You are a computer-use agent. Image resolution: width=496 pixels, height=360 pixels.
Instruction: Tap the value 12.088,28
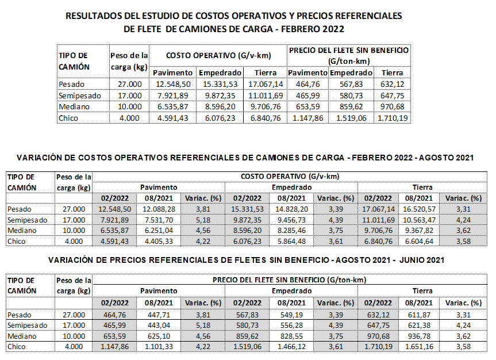159,209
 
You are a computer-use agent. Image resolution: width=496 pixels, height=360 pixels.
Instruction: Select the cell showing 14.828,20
291,209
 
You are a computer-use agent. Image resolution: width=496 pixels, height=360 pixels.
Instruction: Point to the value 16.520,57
419,209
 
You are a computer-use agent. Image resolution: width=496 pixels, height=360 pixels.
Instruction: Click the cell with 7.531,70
159,220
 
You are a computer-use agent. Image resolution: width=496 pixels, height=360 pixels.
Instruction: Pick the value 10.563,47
419,220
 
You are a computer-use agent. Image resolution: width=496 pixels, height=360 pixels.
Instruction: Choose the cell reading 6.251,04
159,231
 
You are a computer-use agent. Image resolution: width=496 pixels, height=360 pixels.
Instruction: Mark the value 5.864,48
291,242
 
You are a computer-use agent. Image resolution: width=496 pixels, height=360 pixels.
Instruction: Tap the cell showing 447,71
159,315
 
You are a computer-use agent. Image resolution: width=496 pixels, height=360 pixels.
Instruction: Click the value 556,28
291,325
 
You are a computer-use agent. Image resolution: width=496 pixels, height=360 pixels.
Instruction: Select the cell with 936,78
419,336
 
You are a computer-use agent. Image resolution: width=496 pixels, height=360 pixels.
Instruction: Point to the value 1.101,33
159,347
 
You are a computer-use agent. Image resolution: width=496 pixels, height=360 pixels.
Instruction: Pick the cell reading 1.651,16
419,347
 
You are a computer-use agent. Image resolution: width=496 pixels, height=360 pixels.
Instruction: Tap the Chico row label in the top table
68,118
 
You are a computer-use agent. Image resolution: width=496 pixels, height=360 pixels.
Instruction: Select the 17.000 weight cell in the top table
130,95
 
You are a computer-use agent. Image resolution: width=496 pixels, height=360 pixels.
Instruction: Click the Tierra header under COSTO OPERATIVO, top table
266,73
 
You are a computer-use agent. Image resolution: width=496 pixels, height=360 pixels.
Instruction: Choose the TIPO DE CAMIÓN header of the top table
74,61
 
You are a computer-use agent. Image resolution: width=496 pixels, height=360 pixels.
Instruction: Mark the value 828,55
291,336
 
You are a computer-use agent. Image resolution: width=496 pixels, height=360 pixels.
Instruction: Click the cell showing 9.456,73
291,220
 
